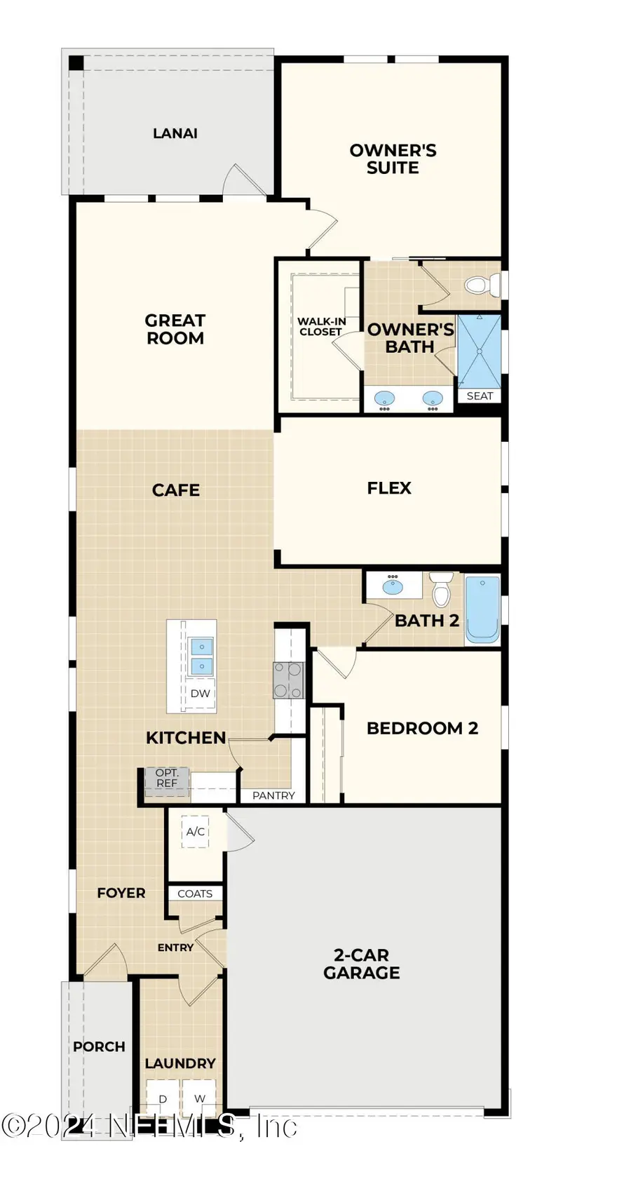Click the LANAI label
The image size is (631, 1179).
[175, 133]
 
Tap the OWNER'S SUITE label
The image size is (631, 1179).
[393, 159]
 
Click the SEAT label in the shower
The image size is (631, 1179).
[480, 396]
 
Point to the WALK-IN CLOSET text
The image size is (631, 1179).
[321, 326]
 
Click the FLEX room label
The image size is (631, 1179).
[389, 488]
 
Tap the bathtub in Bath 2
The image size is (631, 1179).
[482, 608]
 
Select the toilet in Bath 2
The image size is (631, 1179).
[441, 590]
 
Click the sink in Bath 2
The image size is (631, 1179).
[393, 586]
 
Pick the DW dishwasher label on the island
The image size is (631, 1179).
[201, 693]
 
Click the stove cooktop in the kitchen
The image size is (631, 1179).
[289, 680]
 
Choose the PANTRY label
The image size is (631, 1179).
[273, 795]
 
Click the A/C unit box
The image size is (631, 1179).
[196, 832]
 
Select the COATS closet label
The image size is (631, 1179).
[195, 894]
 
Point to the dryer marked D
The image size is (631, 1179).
[163, 1098]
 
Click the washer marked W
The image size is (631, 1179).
[200, 1098]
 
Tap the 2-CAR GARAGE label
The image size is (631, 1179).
[361, 964]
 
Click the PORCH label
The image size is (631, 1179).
[99, 1046]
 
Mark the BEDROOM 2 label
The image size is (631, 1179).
[422, 728]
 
